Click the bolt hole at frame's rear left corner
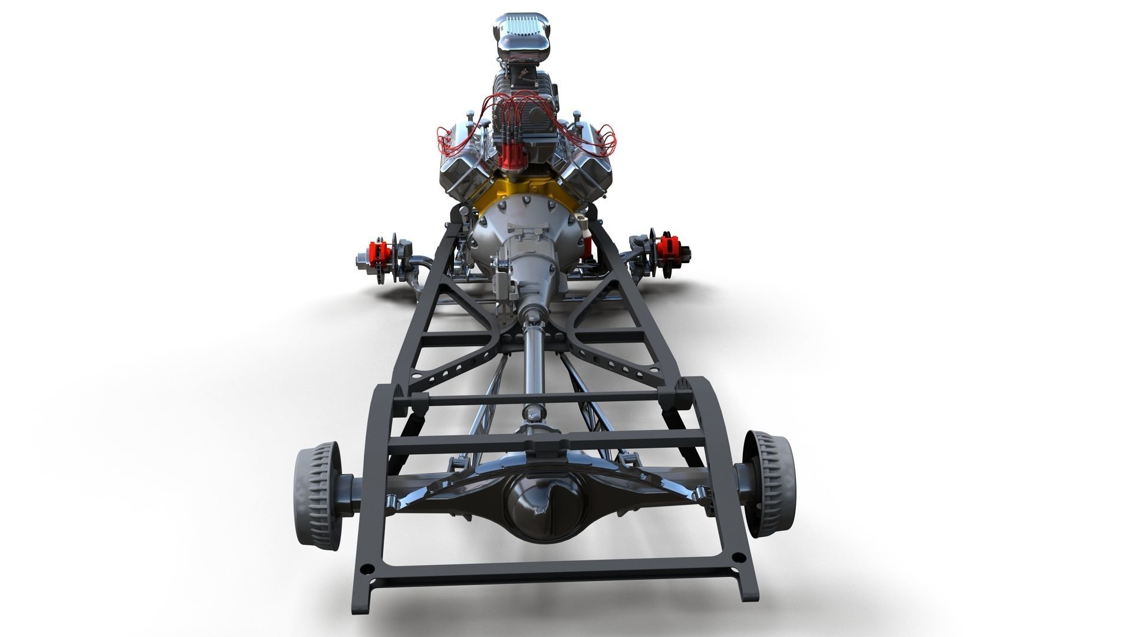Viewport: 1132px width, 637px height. [367, 569]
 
